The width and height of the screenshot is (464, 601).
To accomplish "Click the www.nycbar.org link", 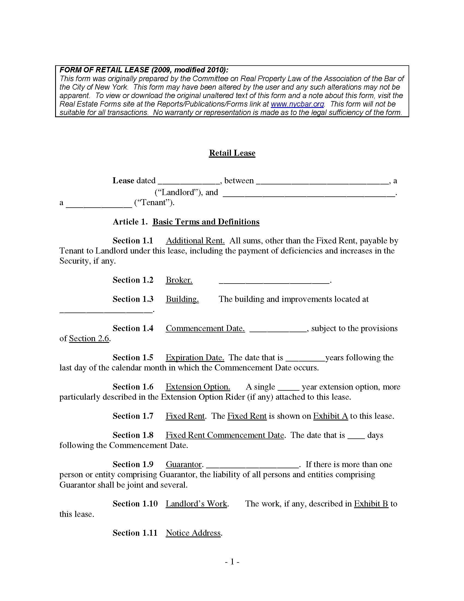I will pyautogui.click(x=298, y=104).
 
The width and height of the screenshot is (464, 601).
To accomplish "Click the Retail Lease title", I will pyautogui.click(x=232, y=153).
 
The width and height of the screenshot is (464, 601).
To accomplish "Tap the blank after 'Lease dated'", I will pyautogui.click(x=189, y=181).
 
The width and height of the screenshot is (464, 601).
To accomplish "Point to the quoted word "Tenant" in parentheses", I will pyautogui.click(x=154, y=202).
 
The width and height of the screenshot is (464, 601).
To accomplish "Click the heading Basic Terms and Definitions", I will pyautogui.click(x=206, y=222).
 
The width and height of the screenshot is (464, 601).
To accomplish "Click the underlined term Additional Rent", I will pyautogui.click(x=195, y=241).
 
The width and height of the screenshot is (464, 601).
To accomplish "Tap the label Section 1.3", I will pyautogui.click(x=133, y=299).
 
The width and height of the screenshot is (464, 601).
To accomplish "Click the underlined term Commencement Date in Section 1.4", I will pyautogui.click(x=205, y=328).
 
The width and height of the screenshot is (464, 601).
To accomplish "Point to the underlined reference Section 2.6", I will pyautogui.click(x=89, y=338).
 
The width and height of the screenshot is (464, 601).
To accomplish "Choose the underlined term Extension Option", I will pyautogui.click(x=198, y=387).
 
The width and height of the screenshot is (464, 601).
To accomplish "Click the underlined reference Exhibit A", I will pyautogui.click(x=331, y=416).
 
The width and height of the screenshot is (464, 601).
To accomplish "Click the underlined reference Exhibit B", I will pyautogui.click(x=371, y=504).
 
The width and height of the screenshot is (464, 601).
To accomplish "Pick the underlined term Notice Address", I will pyautogui.click(x=193, y=533).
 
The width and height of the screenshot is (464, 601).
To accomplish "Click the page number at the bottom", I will pyautogui.click(x=232, y=562).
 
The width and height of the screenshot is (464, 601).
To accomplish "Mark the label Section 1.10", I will pyautogui.click(x=135, y=504).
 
